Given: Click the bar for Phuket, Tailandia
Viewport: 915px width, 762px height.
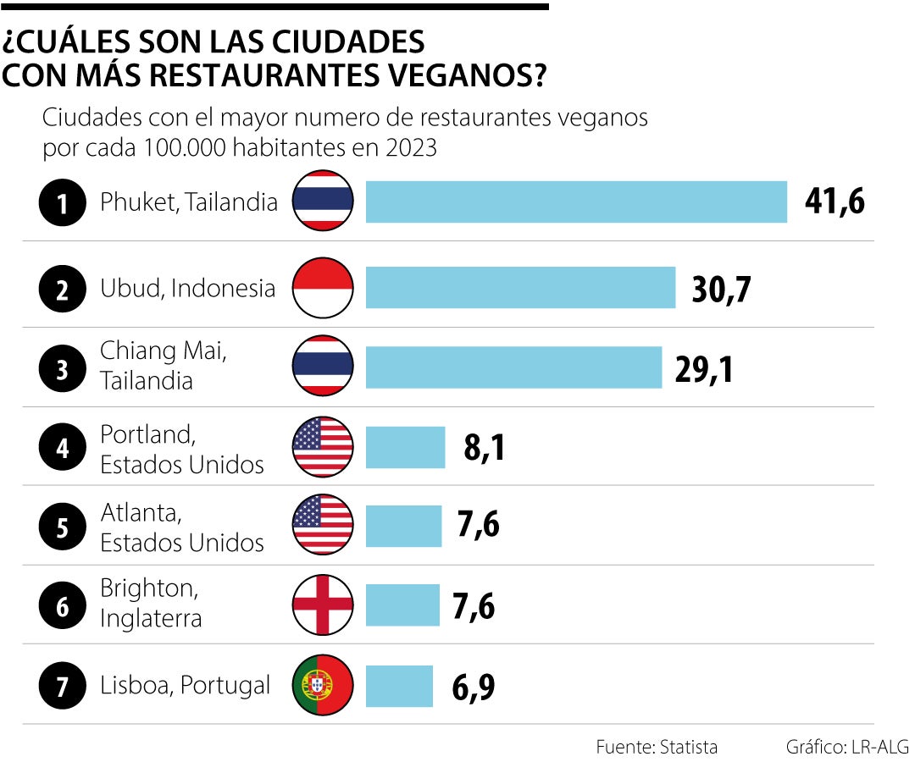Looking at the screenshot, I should [576, 202].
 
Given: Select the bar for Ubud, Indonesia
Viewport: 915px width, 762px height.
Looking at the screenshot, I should [520, 288].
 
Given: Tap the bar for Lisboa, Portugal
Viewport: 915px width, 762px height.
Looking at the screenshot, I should [399, 686].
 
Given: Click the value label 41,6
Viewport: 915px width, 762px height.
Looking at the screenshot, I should [835, 202].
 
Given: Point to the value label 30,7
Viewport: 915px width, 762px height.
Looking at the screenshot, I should [721, 289].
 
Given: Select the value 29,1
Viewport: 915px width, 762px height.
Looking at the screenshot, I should [704, 368].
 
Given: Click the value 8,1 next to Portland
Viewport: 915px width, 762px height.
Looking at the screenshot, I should [485, 448].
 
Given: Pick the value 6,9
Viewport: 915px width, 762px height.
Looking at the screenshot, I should [473, 687].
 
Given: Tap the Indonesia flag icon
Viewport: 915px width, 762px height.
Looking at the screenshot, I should [323, 288].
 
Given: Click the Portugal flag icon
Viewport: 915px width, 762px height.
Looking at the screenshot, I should [323, 685].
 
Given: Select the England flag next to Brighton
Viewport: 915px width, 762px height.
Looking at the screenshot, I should [323, 605].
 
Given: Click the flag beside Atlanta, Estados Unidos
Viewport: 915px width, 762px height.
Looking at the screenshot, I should [323, 526].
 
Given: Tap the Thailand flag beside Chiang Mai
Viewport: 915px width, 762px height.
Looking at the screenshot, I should [323, 366].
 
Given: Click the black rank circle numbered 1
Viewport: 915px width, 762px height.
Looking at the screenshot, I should [63, 202].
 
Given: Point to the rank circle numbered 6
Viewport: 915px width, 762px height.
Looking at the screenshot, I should [63, 605].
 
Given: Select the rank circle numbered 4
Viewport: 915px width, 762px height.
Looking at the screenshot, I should [63, 447].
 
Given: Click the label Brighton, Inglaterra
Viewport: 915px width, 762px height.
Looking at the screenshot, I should [152, 603].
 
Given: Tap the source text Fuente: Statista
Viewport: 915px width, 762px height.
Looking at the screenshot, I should [657, 747].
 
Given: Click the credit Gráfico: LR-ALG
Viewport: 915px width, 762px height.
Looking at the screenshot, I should [846, 747].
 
